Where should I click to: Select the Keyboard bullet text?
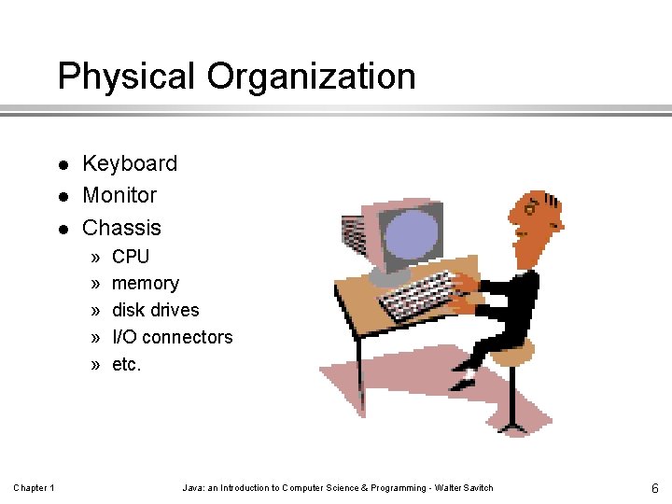[x=130, y=163]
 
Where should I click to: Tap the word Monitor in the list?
[x=119, y=195]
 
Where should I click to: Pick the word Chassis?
[x=121, y=228]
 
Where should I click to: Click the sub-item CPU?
[x=131, y=256]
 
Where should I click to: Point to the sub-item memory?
[x=146, y=283]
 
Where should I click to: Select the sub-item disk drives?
[x=156, y=310]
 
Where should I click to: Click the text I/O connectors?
[x=173, y=337]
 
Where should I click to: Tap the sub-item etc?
[x=127, y=364]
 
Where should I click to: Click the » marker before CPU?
[x=95, y=257]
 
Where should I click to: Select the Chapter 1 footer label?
[x=34, y=488]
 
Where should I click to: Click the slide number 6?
[x=655, y=488]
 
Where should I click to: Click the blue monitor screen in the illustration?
[x=409, y=235]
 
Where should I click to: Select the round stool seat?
[x=512, y=353]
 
